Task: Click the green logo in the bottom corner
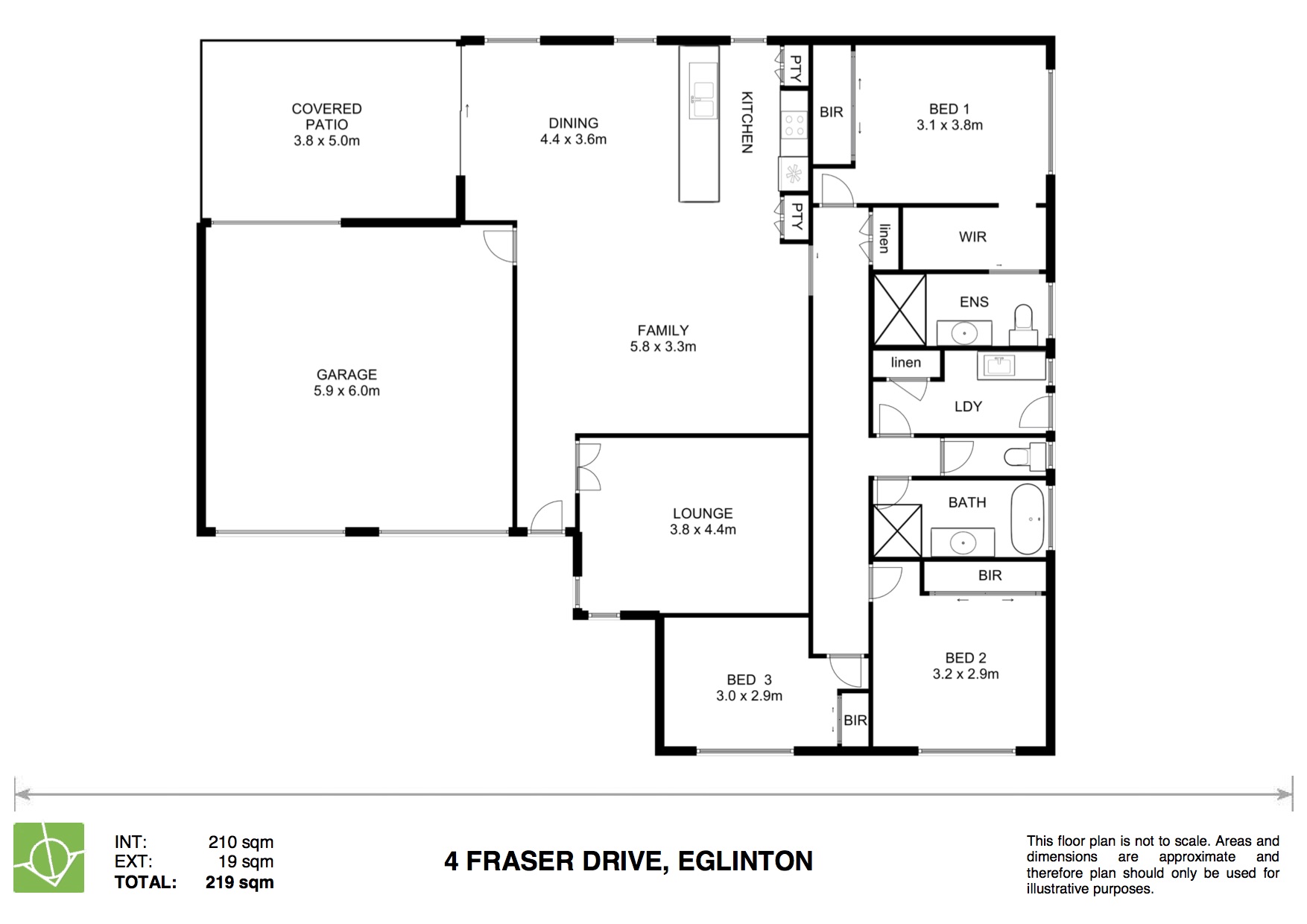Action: (x=49, y=857)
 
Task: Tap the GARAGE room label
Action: (x=346, y=375)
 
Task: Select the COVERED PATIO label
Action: (x=326, y=117)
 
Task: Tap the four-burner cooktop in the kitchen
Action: (x=794, y=125)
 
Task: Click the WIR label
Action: (x=972, y=237)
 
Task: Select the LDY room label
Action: (x=968, y=407)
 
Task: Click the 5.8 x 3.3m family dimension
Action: (x=662, y=346)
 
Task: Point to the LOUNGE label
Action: (x=703, y=513)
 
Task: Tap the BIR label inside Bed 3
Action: (x=855, y=721)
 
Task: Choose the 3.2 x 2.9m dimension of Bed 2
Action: (x=966, y=674)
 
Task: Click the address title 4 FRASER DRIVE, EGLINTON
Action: (x=628, y=861)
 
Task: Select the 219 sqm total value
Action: (x=239, y=882)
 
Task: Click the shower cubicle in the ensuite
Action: (x=899, y=309)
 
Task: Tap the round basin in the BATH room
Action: (x=963, y=543)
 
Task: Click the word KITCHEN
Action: (x=747, y=122)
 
